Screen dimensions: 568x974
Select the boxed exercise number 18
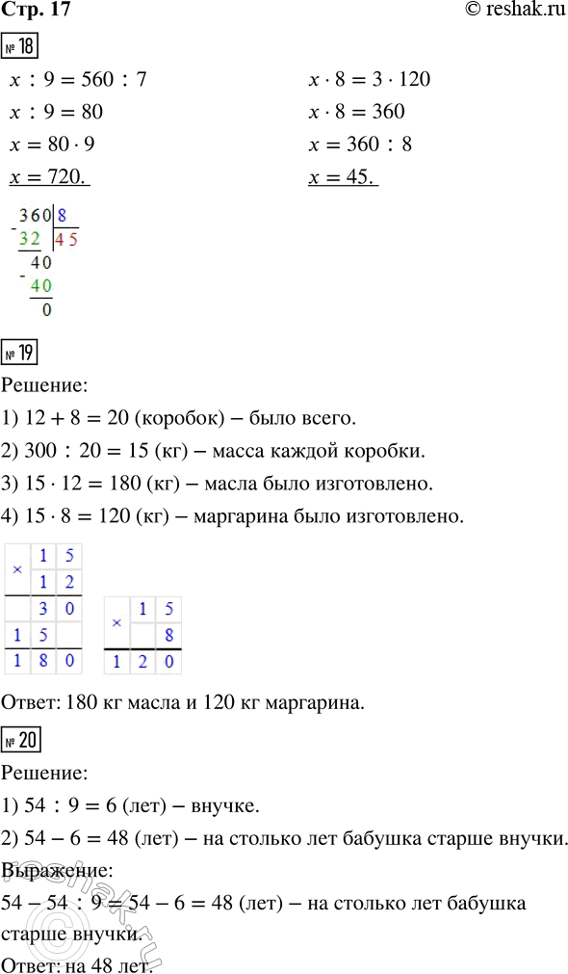tap(20, 47)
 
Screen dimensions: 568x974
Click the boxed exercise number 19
tap(20, 355)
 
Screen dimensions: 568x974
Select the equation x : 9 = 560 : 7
tap(77, 79)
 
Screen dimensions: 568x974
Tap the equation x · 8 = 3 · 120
tap(369, 79)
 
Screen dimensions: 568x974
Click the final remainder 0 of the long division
tap(47, 310)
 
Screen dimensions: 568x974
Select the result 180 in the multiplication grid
tap(43, 662)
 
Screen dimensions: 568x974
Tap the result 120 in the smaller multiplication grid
tap(142, 662)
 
